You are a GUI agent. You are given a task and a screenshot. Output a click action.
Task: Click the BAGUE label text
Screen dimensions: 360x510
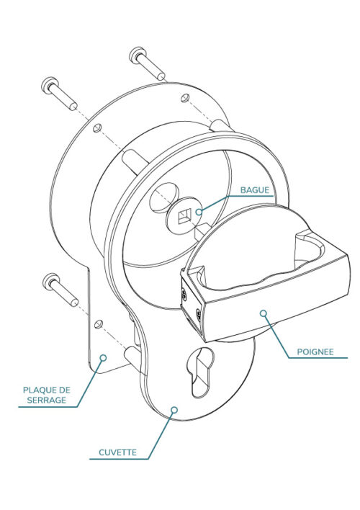pyautogui.click(x=255, y=190)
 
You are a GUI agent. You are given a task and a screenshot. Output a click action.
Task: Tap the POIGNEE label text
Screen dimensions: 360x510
pyautogui.click(x=315, y=352)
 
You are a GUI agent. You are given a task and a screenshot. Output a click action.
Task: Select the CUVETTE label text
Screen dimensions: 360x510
pyautogui.click(x=117, y=452)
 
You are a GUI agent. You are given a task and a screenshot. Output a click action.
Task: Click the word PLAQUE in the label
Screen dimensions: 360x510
pyautogui.click(x=37, y=390)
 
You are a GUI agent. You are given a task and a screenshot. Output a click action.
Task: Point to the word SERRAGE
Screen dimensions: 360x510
pyautogui.click(x=47, y=400)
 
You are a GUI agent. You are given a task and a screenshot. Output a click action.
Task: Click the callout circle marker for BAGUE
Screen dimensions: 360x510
pyautogui.click(x=199, y=212)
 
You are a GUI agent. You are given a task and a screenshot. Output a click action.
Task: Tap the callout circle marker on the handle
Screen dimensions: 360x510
pyautogui.click(x=264, y=313)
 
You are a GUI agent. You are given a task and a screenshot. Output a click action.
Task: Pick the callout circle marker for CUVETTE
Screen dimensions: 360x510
pyautogui.click(x=174, y=409)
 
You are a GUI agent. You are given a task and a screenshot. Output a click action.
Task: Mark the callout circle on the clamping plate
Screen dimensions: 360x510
pyautogui.click(x=103, y=358)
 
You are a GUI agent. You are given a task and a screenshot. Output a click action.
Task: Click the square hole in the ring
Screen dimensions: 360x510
pyautogui.click(x=185, y=217)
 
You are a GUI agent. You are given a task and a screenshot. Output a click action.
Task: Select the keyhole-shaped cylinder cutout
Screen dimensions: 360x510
pyautogui.click(x=201, y=372)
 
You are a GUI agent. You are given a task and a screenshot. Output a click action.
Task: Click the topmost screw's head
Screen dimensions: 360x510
pyautogui.click(x=138, y=55)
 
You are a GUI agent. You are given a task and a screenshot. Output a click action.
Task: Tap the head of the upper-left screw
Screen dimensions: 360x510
pyautogui.click(x=50, y=86)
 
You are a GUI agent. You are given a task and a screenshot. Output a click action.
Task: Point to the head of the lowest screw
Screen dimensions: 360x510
pyautogui.click(x=51, y=282)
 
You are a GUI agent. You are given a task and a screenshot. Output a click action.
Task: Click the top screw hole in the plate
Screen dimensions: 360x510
pyautogui.click(x=185, y=97)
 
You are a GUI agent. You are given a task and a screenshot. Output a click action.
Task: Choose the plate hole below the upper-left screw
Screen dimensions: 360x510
pyautogui.click(x=97, y=127)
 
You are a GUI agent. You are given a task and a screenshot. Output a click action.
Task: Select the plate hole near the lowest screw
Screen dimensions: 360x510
pyautogui.click(x=98, y=324)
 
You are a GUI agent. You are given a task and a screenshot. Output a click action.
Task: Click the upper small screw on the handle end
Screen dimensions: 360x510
pyautogui.click(x=185, y=295)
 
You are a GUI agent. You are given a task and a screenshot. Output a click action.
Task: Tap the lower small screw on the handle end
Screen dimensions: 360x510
pyautogui.click(x=198, y=315)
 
